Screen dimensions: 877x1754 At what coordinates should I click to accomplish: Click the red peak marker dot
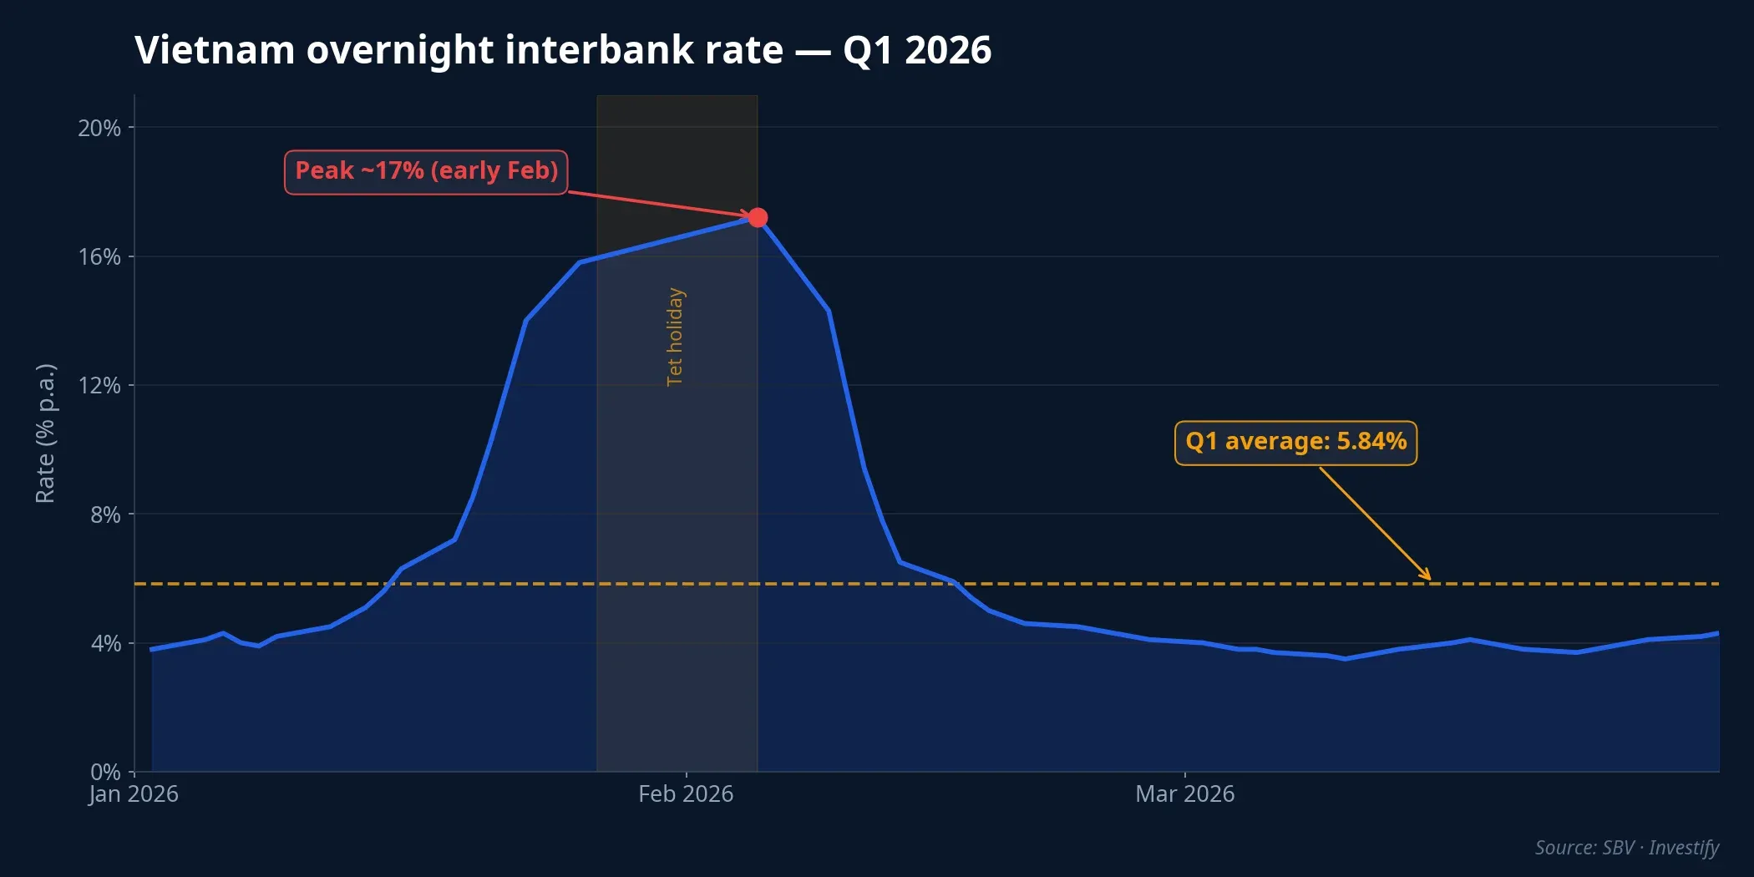click(x=758, y=218)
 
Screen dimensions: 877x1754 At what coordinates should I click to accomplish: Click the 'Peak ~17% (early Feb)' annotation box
click(x=426, y=171)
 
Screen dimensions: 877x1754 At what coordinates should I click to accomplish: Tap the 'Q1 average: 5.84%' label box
click(x=1295, y=442)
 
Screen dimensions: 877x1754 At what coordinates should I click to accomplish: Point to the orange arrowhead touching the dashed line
click(x=1427, y=576)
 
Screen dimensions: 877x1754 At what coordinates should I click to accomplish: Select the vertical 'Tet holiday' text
click(x=675, y=337)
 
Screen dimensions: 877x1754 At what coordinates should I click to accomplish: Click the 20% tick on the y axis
click(x=99, y=128)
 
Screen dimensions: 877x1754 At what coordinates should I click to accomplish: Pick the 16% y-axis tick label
click(x=99, y=256)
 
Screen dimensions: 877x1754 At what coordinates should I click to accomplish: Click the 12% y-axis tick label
click(x=99, y=385)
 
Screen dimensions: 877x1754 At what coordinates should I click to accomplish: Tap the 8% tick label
click(x=105, y=515)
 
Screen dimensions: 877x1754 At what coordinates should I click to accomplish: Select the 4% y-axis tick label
click(x=105, y=643)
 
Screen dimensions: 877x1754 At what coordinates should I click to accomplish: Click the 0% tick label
click(x=105, y=772)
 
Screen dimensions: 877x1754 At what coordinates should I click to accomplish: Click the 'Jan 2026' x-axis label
click(x=134, y=793)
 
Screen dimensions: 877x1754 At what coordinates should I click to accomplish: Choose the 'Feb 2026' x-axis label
click(x=686, y=793)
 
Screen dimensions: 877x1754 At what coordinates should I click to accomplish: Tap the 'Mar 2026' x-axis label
click(x=1184, y=793)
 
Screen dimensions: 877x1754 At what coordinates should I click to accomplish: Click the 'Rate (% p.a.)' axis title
click(x=45, y=433)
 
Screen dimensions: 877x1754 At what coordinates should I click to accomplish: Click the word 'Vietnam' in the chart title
click(x=215, y=50)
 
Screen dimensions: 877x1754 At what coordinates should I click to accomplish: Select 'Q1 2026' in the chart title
click(x=917, y=50)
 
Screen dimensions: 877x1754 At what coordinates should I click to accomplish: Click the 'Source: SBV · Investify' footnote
click(x=1626, y=847)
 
